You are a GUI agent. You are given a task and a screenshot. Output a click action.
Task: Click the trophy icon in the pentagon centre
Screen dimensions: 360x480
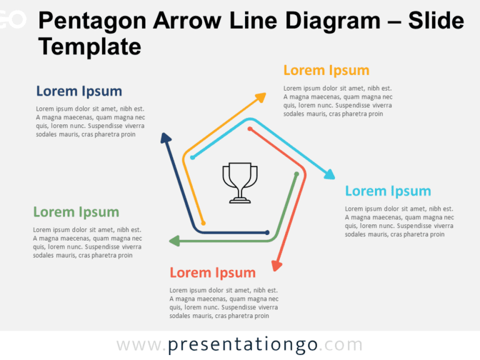[x=240, y=182]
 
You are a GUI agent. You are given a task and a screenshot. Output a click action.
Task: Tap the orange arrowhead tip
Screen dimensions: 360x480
[x=262, y=96]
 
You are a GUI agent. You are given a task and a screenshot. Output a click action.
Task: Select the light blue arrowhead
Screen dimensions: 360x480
[x=329, y=174]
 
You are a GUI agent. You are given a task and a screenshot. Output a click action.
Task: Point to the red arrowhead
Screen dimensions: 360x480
[x=276, y=265]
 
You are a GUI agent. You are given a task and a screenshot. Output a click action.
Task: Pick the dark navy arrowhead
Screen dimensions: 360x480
[x=165, y=138]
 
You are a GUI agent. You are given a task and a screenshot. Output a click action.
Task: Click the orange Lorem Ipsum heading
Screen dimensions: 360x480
[x=326, y=70]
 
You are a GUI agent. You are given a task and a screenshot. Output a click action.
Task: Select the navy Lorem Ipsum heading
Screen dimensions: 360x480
[x=79, y=91]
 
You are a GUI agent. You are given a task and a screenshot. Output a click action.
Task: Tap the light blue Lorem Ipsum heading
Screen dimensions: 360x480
[x=387, y=191]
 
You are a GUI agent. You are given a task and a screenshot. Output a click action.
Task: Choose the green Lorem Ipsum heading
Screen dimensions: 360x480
[x=76, y=212]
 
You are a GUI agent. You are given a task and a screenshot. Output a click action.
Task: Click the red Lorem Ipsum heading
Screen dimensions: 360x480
[x=212, y=272]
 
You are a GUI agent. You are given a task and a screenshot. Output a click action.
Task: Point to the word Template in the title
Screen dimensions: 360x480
[x=89, y=46]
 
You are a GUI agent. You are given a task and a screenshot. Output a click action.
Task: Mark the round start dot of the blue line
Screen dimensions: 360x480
[x=192, y=157]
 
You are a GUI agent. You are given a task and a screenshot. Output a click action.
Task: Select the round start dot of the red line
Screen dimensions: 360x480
[x=249, y=129]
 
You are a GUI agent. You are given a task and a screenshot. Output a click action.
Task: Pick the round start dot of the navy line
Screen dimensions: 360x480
[x=269, y=232]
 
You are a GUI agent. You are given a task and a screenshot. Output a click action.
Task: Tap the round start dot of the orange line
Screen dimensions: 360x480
[x=204, y=222]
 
